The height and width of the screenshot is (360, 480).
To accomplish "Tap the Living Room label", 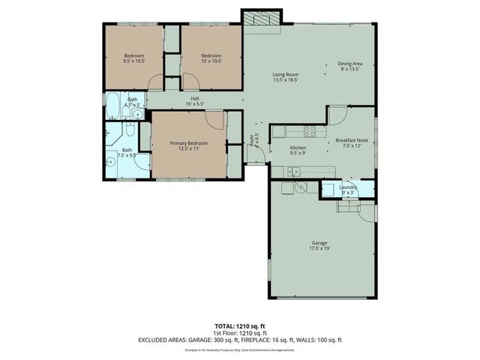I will pos(285,75).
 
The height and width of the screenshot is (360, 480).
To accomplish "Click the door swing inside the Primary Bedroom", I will pos(214,120).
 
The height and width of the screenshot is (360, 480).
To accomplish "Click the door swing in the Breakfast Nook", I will pos(337,116).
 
